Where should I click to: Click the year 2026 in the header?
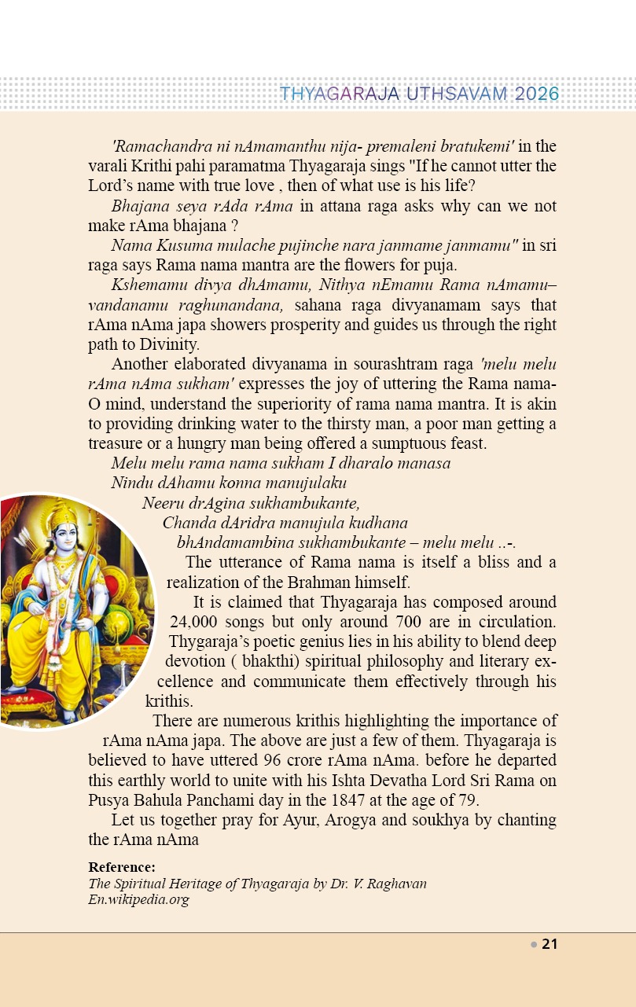538,94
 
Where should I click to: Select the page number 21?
550,944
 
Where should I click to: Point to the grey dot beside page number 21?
534,944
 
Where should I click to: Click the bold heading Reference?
122,867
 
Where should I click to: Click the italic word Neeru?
162,502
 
